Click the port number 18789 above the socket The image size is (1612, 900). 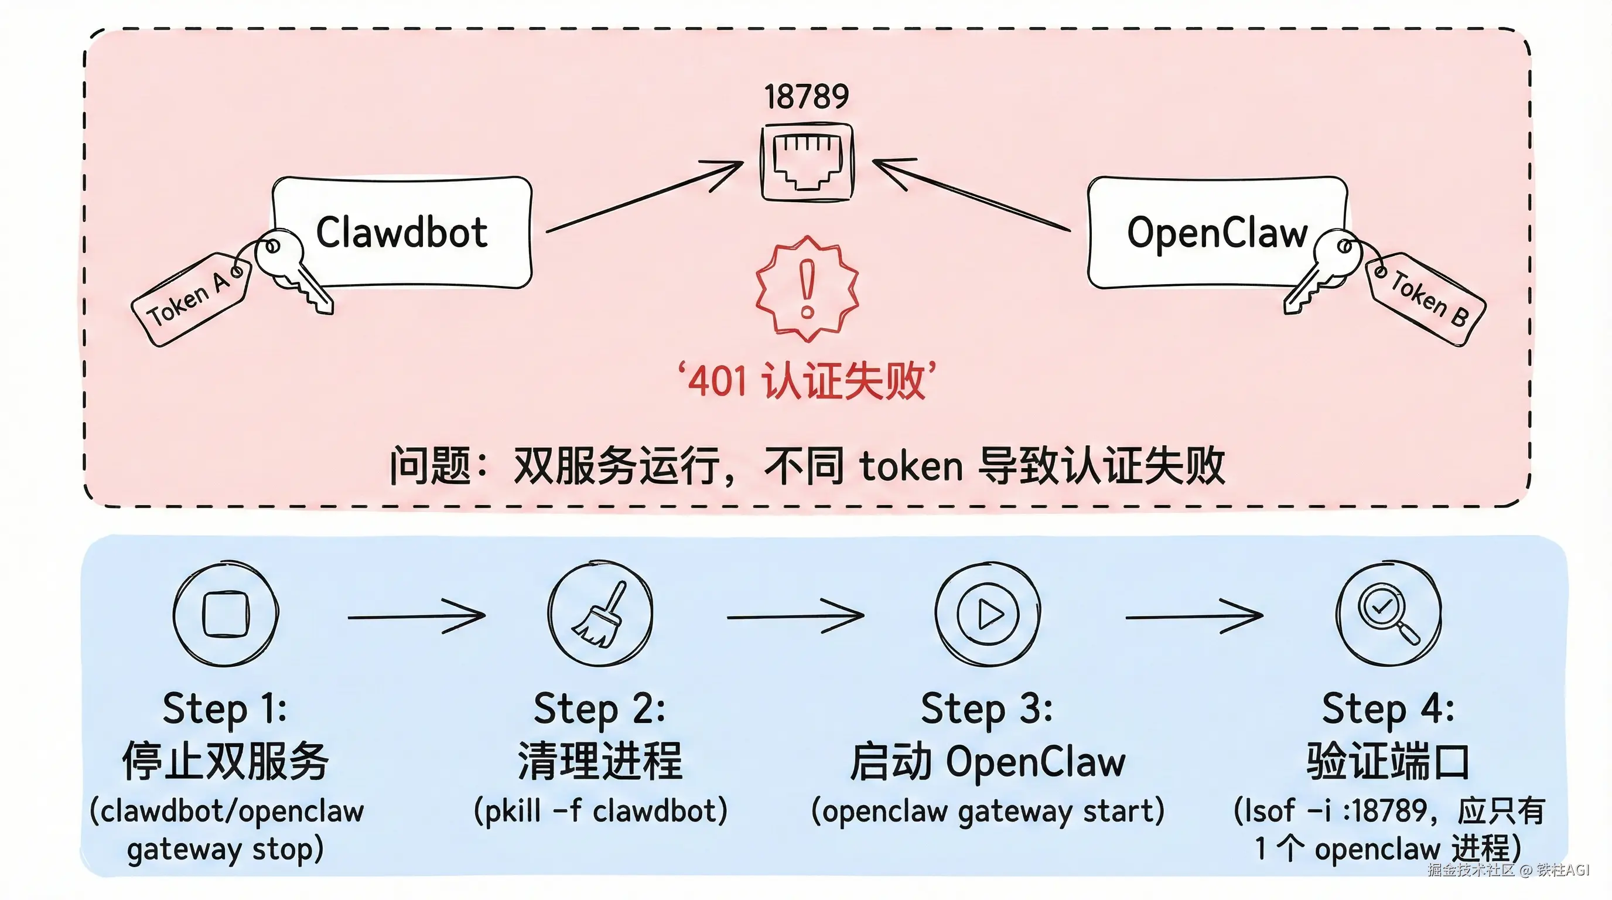(806, 97)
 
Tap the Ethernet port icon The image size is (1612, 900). (807, 163)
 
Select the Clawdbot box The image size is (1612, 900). (402, 233)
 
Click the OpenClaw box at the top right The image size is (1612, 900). (1217, 233)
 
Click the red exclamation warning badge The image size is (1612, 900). (807, 289)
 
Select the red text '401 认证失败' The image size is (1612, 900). (807, 380)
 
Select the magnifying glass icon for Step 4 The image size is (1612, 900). (1389, 613)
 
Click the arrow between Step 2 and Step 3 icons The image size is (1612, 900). (795, 616)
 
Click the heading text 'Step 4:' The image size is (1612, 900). (1388, 709)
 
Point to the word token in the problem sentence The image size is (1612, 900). (911, 466)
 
